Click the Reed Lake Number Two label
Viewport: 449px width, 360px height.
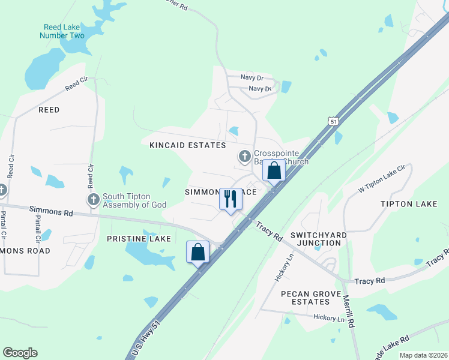click(62, 31)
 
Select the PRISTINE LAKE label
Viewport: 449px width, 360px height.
click(139, 239)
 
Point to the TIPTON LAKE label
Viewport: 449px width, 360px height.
click(409, 204)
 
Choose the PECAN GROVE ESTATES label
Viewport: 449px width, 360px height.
click(313, 298)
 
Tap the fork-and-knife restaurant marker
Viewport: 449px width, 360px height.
click(231, 197)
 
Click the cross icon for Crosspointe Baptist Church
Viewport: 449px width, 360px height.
click(244, 157)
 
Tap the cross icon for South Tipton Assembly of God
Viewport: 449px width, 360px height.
click(93, 200)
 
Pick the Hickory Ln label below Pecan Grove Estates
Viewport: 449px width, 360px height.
click(328, 319)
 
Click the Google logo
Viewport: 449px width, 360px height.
click(20, 353)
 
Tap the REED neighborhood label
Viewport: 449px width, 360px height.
click(49, 110)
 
